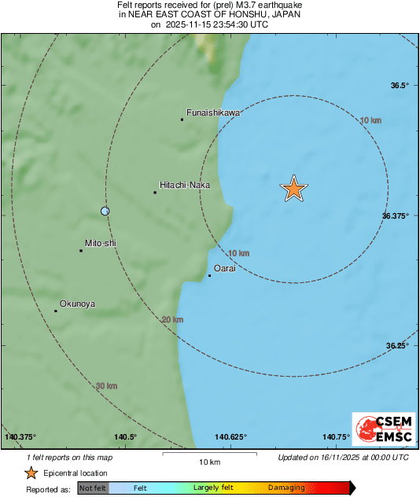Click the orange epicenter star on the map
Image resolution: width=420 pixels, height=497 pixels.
click(x=293, y=189)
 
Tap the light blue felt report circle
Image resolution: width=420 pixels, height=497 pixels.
click(x=105, y=211)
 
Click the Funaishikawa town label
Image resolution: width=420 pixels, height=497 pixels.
click(x=212, y=112)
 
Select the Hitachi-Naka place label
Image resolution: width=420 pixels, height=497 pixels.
click(x=185, y=185)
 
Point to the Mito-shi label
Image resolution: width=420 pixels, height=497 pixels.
click(x=101, y=244)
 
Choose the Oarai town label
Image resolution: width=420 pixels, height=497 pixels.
click(x=226, y=268)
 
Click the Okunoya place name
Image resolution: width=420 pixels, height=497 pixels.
click(x=77, y=304)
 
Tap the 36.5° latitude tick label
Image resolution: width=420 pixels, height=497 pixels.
click(x=400, y=86)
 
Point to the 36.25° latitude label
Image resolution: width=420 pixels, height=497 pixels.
click(x=397, y=345)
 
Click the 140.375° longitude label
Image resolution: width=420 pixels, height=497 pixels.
click(x=21, y=437)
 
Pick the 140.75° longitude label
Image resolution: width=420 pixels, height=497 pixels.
click(x=337, y=437)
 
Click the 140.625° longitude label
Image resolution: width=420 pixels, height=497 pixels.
click(x=230, y=437)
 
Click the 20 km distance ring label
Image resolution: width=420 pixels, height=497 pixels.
click(x=171, y=319)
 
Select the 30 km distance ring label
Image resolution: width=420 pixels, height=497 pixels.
click(x=106, y=386)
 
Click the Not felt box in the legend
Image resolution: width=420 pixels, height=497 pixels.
click(x=93, y=488)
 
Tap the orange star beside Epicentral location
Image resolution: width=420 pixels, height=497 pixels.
click(x=31, y=473)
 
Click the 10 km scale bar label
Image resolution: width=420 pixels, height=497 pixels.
click(x=209, y=461)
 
